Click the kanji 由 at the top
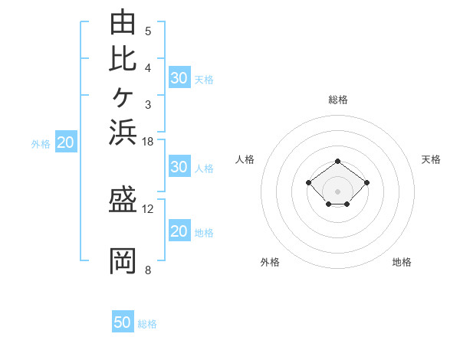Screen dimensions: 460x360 123,21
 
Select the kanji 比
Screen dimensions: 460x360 123,59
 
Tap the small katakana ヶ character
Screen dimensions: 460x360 123,97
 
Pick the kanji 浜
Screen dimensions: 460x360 123,132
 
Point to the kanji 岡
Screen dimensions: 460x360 123,261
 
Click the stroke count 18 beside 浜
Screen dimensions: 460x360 147,142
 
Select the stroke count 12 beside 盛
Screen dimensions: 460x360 147,209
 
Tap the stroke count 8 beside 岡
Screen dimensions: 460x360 148,270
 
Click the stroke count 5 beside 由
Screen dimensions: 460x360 148,31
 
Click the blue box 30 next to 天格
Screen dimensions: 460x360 179,77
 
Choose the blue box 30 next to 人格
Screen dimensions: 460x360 179,166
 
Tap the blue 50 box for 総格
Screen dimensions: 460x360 123,321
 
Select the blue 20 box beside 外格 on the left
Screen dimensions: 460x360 66,141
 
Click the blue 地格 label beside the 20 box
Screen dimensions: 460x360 204,233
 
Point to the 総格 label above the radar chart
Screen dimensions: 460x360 338,100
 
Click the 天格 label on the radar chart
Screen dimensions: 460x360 431,159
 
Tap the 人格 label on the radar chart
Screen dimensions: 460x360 245,159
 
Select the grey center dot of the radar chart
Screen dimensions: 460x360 337,191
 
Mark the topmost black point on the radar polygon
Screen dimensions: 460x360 337,162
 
